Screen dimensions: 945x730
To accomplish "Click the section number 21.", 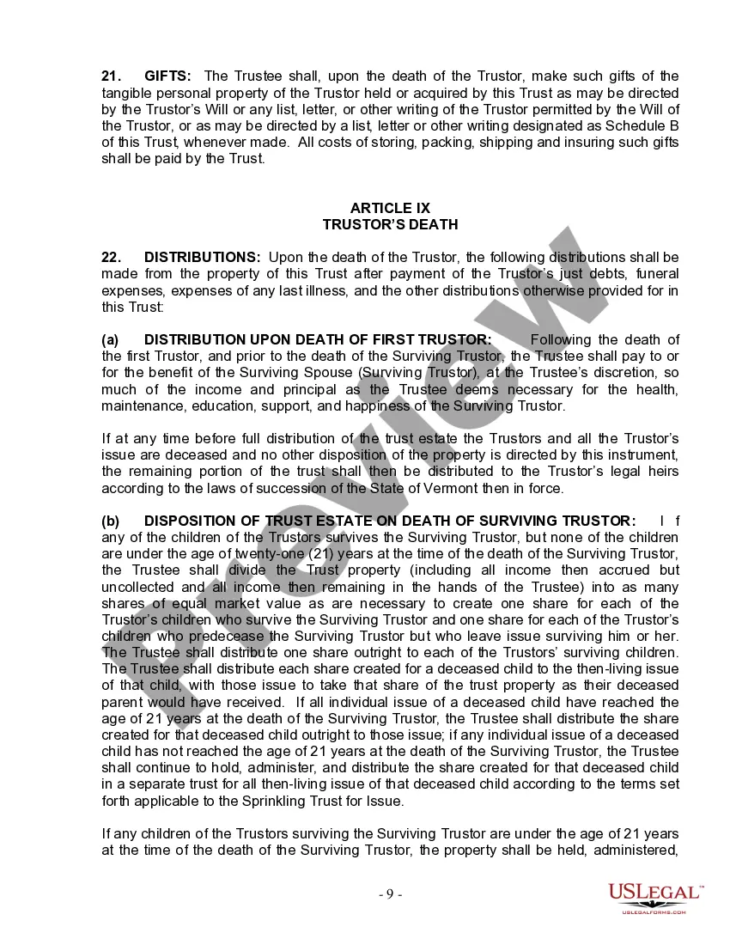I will tap(112, 76).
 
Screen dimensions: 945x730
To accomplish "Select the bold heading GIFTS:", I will tap(168, 76).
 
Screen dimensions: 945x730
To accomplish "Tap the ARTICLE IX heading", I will tap(390, 209).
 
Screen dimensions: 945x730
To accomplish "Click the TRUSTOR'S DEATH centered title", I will tap(390, 225).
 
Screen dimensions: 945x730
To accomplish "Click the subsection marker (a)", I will tap(110, 340).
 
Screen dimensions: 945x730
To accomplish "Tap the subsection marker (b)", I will tap(110, 521).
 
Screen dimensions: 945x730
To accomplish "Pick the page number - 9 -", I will tap(390, 894).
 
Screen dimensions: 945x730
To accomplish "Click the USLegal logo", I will tap(654, 897).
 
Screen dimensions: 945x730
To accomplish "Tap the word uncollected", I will tap(138, 587).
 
